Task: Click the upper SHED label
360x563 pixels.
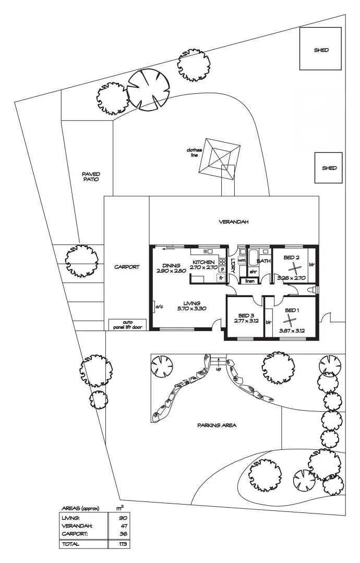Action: click(321, 51)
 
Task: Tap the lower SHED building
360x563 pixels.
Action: click(328, 168)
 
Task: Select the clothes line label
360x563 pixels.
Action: click(194, 153)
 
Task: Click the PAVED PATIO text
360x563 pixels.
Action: click(91, 176)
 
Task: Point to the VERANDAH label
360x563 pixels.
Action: click(233, 222)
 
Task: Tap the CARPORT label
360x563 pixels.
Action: click(127, 266)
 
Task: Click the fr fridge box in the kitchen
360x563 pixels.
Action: click(221, 278)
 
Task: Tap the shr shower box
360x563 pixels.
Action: click(253, 272)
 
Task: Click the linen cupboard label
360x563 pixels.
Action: click(250, 281)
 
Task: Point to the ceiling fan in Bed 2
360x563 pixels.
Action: click(295, 268)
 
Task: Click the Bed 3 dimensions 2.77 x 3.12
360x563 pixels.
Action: click(245, 322)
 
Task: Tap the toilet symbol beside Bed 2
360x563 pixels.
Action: click(311, 289)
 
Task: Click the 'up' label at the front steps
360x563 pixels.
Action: click(218, 369)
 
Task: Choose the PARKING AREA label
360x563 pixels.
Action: click(217, 425)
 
